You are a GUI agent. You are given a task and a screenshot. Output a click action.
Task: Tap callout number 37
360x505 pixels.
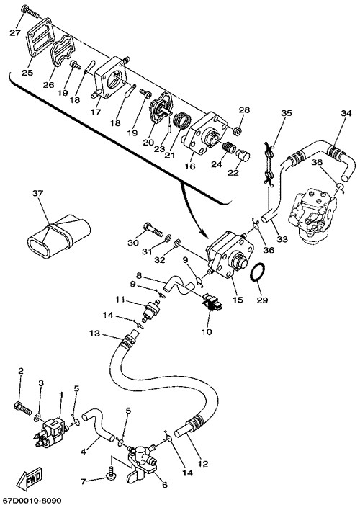(37, 193)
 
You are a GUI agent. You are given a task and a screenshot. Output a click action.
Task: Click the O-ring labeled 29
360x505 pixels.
(257, 272)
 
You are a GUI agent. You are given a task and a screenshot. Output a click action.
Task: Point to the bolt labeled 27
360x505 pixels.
(30, 12)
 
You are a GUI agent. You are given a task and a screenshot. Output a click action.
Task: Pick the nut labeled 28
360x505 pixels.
(238, 130)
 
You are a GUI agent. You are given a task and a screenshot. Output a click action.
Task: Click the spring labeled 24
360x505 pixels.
(228, 148)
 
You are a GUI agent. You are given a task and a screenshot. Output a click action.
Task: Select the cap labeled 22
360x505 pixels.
(244, 155)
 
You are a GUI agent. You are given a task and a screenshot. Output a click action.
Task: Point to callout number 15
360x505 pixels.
(238, 300)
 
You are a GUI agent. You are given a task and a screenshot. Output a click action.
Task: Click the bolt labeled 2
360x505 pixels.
(22, 408)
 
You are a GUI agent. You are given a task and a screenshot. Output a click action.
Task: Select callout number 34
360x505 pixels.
(346, 113)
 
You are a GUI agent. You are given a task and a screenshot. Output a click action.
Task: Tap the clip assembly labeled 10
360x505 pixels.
(212, 303)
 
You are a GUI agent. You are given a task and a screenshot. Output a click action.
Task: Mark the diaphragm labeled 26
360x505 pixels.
(63, 52)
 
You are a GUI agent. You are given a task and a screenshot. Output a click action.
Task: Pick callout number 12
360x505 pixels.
(203, 464)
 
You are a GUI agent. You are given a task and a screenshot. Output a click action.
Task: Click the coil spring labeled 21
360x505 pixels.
(182, 120)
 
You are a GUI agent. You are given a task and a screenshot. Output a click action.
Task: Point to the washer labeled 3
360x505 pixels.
(37, 418)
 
